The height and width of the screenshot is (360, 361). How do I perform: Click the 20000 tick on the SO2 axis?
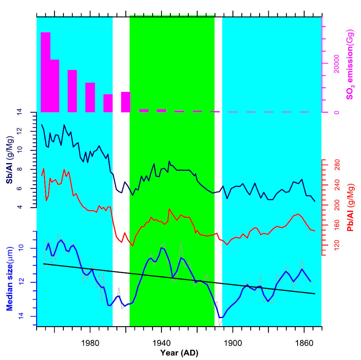pyautogui.click(x=336, y=63)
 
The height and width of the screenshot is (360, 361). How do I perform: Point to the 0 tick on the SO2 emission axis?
pyautogui.click(x=336, y=112)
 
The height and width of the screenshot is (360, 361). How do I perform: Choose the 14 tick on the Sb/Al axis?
pyautogui.click(x=30, y=112)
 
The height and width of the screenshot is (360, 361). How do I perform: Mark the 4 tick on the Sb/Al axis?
pyautogui.click(x=30, y=207)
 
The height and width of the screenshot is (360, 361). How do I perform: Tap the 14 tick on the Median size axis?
pyautogui.click(x=30, y=316)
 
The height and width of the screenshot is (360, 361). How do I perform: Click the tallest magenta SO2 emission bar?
pyautogui.click(x=45, y=72)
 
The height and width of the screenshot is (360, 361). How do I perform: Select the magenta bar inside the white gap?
pyautogui.click(x=126, y=102)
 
